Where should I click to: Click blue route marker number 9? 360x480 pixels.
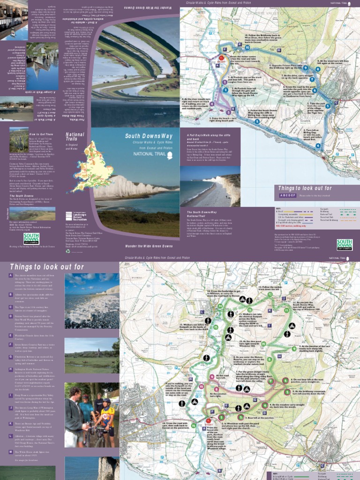(318, 69)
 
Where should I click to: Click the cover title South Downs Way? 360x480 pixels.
(147, 136)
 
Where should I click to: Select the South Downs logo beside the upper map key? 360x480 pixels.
(345, 244)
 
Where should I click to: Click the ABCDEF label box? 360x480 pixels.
(288, 195)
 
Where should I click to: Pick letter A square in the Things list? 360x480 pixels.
(10, 276)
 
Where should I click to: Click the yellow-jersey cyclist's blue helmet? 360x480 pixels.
(106, 401)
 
